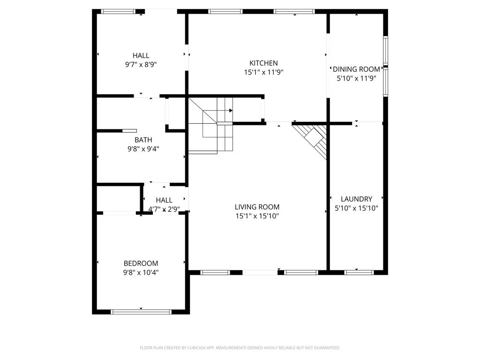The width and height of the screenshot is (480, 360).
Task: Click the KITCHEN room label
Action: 263,63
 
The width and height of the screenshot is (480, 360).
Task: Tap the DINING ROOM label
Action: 356,69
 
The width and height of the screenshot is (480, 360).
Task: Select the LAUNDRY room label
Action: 356,199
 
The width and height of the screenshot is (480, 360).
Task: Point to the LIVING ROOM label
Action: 257,207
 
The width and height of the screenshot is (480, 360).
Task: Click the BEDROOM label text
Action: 141,263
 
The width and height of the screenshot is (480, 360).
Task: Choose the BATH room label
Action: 143,140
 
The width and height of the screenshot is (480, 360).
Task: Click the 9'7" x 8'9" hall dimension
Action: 141,65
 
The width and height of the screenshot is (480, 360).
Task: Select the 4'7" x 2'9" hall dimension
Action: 164,209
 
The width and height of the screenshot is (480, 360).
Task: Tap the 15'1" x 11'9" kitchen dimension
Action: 263,72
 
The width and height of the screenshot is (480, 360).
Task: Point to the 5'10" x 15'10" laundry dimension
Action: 356,208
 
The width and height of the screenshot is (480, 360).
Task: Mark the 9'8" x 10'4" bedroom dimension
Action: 141,272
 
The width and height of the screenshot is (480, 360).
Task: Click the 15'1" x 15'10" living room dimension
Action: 257,216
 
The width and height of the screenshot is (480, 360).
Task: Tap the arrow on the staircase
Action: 230,111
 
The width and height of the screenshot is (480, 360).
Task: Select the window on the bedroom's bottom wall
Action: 141,311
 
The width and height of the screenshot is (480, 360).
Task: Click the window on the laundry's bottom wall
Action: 359,272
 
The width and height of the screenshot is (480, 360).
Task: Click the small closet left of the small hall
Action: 118,199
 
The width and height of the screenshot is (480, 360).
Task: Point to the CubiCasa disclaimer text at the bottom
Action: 240,348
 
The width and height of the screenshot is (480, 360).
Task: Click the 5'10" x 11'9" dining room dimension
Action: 356,78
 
